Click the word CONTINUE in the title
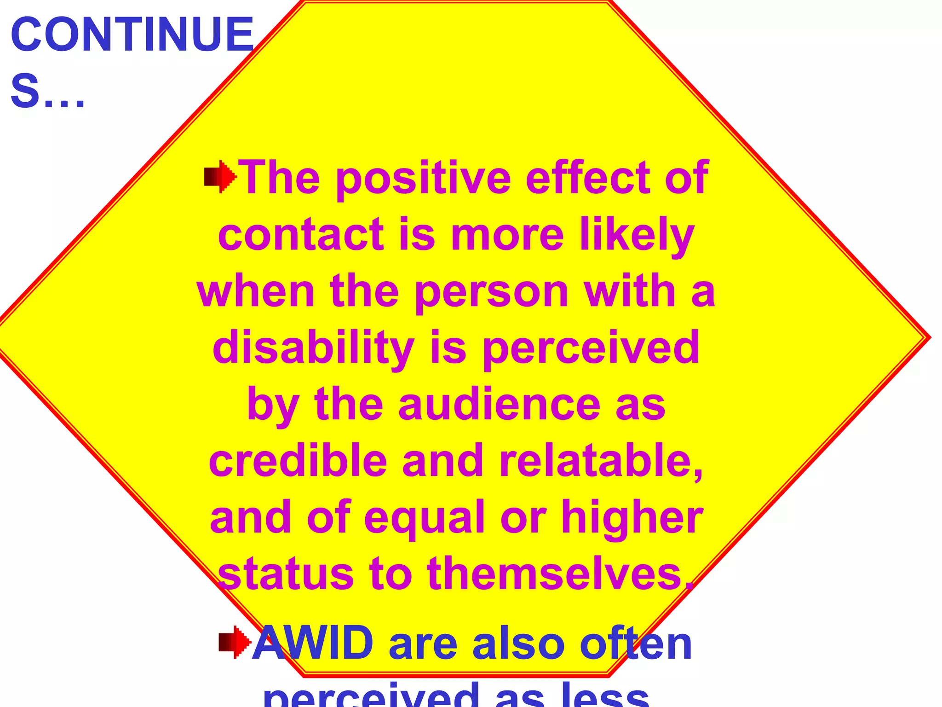132,35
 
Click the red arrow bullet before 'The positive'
220,177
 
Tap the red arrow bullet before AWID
235,642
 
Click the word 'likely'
637,236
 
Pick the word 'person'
492,293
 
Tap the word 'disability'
313,348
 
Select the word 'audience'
499,405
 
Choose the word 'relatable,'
601,462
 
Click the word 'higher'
632,518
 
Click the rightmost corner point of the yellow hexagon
930,337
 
